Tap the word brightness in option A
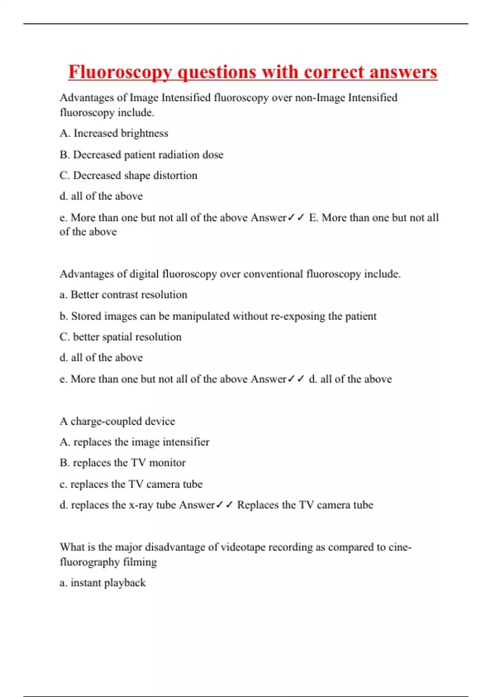coord(144,133)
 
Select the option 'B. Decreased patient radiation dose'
coord(141,155)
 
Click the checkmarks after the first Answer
coord(296,218)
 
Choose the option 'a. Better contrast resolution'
coord(123,295)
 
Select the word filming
coord(140,562)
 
